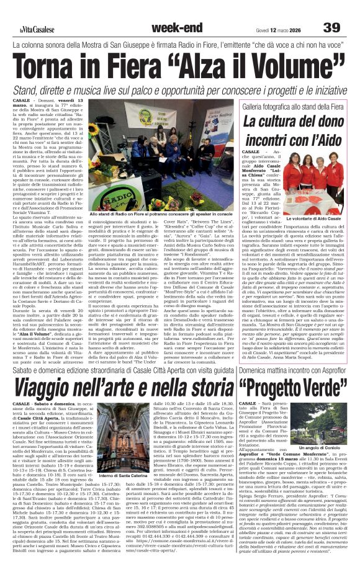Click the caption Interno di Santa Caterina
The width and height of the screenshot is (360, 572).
122,475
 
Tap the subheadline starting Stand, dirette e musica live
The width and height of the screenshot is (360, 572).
180,91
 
